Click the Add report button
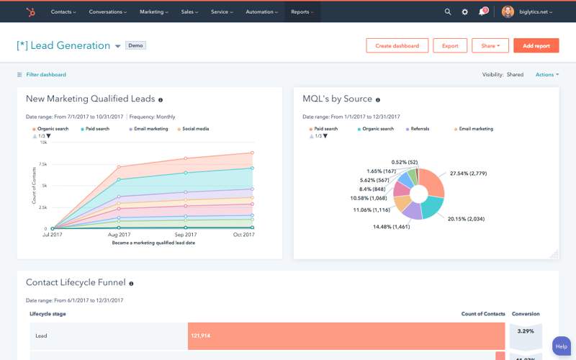[x=536, y=45]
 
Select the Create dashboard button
[x=397, y=45]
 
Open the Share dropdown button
[x=490, y=45]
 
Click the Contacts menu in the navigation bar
[x=63, y=12]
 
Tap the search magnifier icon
[x=448, y=12]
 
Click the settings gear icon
[x=465, y=12]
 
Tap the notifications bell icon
[x=482, y=12]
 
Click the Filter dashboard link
[x=45, y=74]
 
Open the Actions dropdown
[x=546, y=74]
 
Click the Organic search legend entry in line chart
[x=53, y=129]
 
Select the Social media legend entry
[x=195, y=129]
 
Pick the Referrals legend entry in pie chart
[x=420, y=129]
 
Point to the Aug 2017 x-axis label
[x=119, y=235]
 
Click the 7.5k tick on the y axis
[x=42, y=164]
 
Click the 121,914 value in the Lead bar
[x=202, y=336]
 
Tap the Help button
[x=562, y=347]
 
